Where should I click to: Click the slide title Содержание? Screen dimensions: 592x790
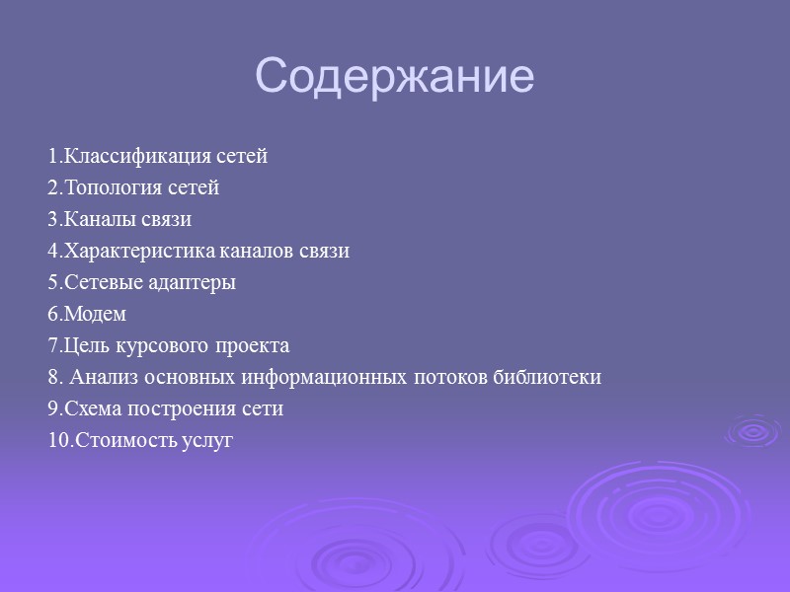point(394,77)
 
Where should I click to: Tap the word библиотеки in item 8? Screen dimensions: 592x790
point(553,378)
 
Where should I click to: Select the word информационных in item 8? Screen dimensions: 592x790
point(325,378)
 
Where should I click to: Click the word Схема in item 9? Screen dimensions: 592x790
point(90,409)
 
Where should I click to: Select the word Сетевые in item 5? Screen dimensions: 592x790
point(98,283)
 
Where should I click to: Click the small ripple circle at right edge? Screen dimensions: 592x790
point(753,431)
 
